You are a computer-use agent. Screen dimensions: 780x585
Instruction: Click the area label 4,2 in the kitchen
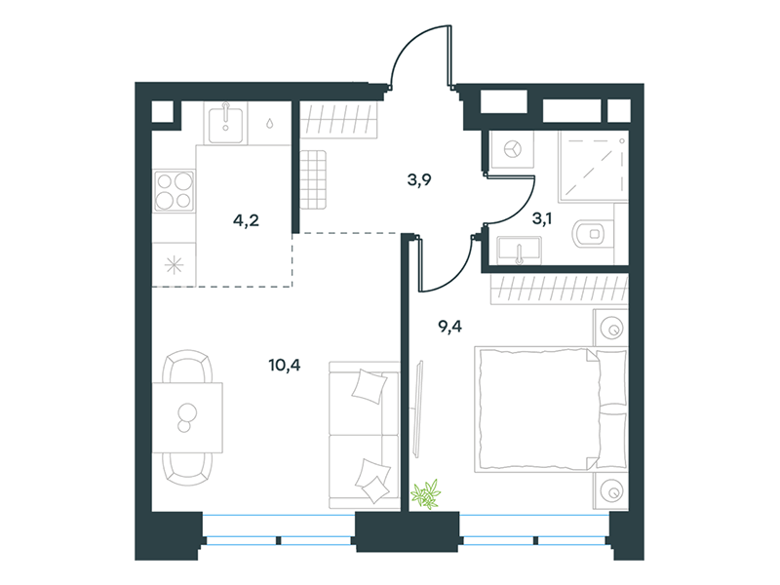pos(247,220)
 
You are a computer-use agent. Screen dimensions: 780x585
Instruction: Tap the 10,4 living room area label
pos(285,366)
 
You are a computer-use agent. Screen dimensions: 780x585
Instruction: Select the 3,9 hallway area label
pos(419,179)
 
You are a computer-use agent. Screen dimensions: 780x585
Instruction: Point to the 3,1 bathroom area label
pos(542,217)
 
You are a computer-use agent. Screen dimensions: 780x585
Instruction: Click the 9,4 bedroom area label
pos(449,327)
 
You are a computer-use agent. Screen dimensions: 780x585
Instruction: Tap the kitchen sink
pos(225,123)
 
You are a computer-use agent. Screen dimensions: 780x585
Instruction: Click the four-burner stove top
pos(174,190)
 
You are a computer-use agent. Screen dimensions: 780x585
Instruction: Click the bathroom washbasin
pos(519,250)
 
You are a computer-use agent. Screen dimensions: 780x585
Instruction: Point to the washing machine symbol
pos(512,149)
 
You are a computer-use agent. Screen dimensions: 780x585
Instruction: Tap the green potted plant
pos(426,494)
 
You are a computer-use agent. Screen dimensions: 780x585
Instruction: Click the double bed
pos(551,409)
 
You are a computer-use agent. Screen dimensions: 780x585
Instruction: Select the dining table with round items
pos(187,417)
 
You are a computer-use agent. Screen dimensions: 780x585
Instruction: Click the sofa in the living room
pos(365,436)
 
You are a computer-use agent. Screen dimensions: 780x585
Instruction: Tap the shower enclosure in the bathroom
pos(593,167)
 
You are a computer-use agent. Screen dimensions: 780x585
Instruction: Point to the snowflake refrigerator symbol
pos(174,265)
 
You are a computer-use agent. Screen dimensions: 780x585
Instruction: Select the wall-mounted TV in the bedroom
pos(418,409)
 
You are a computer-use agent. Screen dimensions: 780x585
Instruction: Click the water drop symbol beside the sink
pos(269,123)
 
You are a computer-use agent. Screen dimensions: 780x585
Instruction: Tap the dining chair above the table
pos(187,366)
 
